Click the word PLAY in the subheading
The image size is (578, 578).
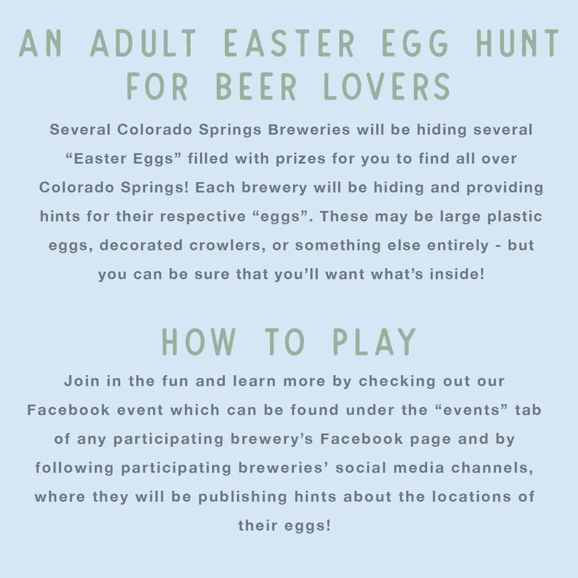click(375, 342)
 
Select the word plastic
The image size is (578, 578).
click(508, 217)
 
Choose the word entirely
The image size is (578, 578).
click(457, 246)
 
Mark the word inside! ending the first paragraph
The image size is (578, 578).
click(456, 274)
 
